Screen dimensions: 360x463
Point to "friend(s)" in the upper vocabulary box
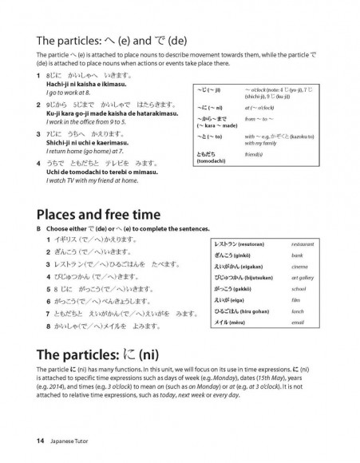(x=258, y=152)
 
